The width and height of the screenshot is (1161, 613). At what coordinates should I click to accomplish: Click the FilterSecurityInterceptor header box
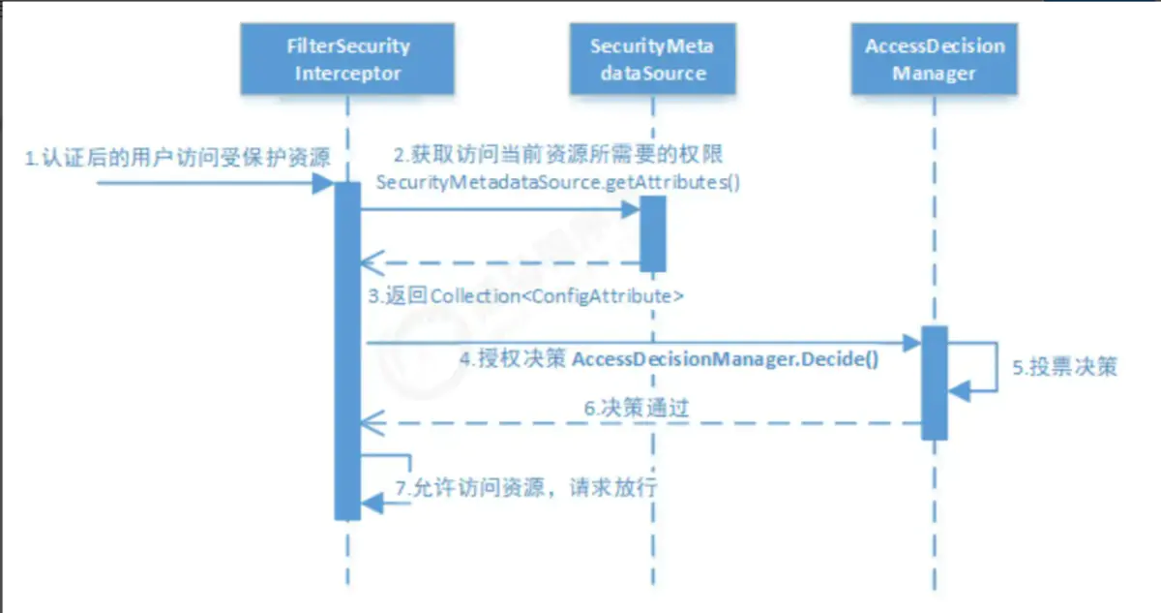348,59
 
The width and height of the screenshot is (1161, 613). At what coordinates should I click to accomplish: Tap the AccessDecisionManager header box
935,59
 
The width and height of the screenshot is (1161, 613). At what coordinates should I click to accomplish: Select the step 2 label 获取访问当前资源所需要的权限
553,156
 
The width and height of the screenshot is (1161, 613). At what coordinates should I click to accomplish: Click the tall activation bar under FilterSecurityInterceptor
348,349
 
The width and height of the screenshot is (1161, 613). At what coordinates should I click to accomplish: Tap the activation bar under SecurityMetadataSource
652,233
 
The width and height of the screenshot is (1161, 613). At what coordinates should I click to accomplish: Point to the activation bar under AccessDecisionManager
934,383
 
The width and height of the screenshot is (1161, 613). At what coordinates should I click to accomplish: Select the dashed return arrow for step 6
639,422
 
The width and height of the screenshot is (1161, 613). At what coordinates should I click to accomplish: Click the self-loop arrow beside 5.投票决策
987,366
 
